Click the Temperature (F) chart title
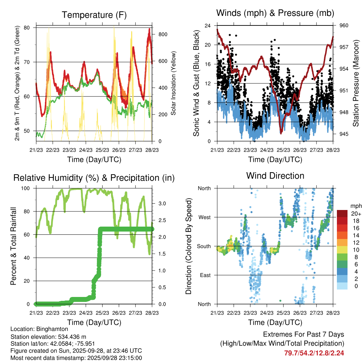point(94,15)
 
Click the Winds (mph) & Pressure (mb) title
point(275,13)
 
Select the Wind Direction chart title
point(275,176)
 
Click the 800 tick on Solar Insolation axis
point(163,34)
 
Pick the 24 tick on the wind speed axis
point(208,26)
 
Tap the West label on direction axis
point(204,217)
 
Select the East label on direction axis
point(204,275)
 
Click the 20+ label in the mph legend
point(355,214)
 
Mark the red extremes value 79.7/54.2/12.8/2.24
point(314,353)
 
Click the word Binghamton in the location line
point(47,329)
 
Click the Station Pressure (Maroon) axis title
point(356,78)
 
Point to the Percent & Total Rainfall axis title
point(13,241)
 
